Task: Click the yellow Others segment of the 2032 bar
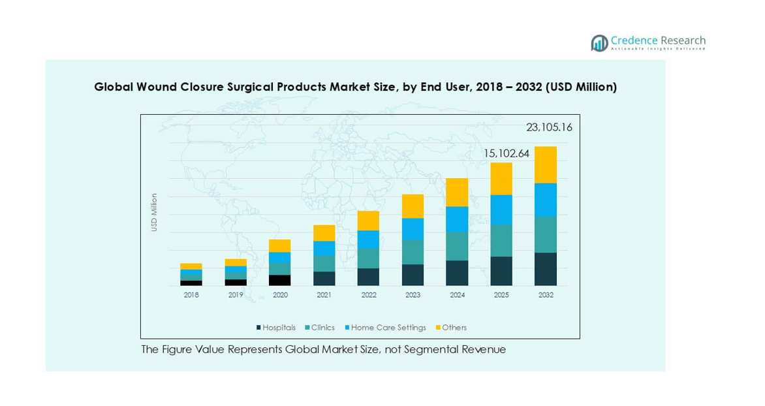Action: click(x=545, y=164)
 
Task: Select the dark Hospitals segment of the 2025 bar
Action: click(x=501, y=271)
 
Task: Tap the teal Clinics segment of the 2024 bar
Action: click(x=457, y=246)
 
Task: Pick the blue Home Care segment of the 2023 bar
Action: click(x=413, y=228)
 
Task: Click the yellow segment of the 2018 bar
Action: click(x=191, y=266)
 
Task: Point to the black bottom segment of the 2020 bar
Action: click(x=280, y=280)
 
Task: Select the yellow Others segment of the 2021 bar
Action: click(x=324, y=233)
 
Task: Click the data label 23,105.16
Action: click(x=549, y=127)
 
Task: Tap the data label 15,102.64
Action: click(x=506, y=153)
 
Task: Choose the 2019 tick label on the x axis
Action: click(x=236, y=295)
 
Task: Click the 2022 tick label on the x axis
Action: click(x=369, y=295)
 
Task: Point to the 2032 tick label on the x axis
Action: click(x=546, y=295)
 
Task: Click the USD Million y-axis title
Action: click(x=155, y=212)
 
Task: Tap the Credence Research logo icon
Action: click(x=599, y=43)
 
